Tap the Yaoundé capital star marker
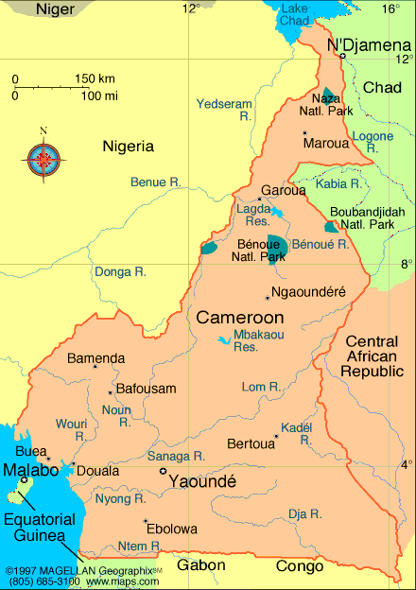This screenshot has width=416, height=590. (163, 471)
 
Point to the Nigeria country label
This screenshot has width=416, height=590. (129, 146)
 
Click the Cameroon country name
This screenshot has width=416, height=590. (240, 318)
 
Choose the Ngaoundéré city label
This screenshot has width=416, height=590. (308, 292)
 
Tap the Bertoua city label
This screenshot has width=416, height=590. (251, 443)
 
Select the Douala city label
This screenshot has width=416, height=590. (97, 470)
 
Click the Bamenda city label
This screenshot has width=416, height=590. (95, 358)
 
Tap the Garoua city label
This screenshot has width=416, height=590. (284, 190)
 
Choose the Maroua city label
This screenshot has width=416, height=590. (326, 144)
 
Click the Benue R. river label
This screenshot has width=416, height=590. (155, 182)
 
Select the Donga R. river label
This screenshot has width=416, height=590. (120, 272)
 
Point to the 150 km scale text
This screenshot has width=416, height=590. (95, 78)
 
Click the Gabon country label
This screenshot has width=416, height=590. (200, 565)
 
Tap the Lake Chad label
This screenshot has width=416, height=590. (295, 14)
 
